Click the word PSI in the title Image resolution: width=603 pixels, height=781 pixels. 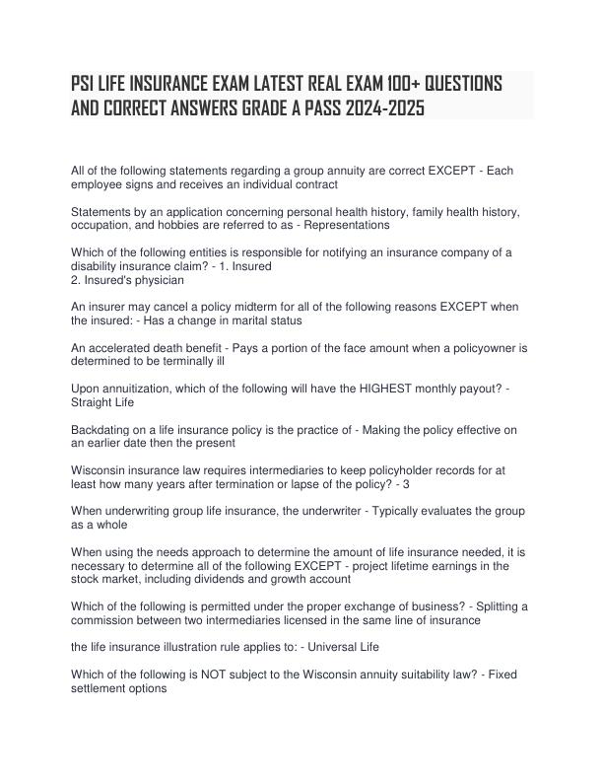(x=86, y=83)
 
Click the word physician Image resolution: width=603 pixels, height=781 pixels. (x=158, y=280)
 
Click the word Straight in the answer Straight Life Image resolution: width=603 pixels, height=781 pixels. (x=93, y=402)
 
